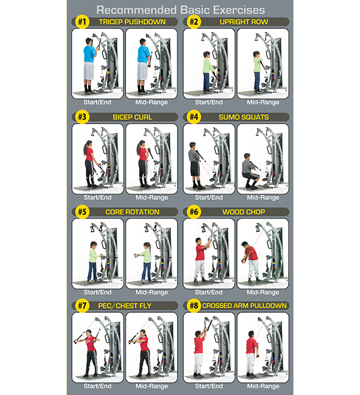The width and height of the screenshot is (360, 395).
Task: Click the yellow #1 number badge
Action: (81, 22)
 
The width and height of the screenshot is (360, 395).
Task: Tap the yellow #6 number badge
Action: (193, 211)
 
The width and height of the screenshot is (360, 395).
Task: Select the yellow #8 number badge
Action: (193, 306)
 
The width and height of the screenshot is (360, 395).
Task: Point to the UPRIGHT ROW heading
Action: (243, 22)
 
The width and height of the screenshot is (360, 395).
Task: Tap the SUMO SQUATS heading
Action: (244, 117)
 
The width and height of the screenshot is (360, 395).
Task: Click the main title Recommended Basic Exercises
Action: (180, 9)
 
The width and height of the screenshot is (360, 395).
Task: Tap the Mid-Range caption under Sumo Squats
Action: (263, 197)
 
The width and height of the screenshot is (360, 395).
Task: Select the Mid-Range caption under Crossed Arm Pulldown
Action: (263, 386)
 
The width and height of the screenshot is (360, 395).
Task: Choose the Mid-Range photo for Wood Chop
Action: (263, 252)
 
